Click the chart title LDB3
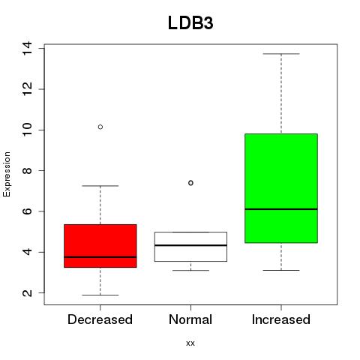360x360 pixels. click(x=190, y=23)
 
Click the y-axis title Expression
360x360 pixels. click(x=7, y=175)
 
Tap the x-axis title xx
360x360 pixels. click(x=190, y=343)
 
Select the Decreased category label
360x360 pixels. click(x=100, y=319)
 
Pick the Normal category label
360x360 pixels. click(x=190, y=319)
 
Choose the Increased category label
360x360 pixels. click(x=281, y=319)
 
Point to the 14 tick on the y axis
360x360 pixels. click(x=27, y=48)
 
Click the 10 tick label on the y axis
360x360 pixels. click(x=27, y=130)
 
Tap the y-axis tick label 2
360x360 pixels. click(x=27, y=292)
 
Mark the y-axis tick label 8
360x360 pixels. click(x=27, y=170)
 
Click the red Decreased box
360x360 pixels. click(x=100, y=246)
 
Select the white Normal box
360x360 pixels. click(x=190, y=247)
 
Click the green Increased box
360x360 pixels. click(x=281, y=188)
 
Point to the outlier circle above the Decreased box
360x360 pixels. click(x=100, y=127)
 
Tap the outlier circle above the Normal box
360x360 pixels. click(x=190, y=183)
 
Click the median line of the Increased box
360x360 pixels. click(x=281, y=209)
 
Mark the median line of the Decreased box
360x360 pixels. click(x=100, y=257)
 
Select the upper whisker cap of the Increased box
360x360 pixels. click(x=281, y=54)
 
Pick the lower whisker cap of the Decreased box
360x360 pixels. click(x=100, y=295)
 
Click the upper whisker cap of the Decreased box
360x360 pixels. click(x=100, y=186)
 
